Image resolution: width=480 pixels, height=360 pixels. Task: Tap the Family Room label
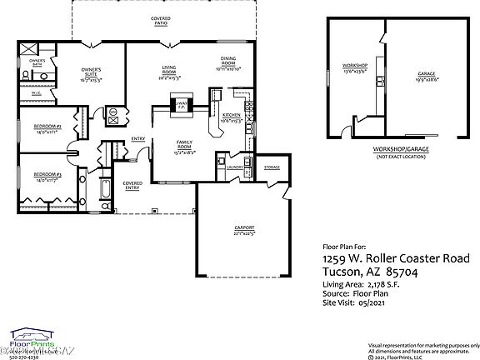click(x=183, y=146)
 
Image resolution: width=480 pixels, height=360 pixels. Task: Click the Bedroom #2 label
click(x=46, y=127)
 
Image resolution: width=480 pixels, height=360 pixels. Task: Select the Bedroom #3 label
click(x=46, y=176)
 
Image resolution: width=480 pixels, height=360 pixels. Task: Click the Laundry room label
click(x=234, y=167)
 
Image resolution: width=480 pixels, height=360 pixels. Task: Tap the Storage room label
click(x=272, y=167)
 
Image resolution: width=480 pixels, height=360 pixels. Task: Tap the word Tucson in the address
click(x=341, y=272)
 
